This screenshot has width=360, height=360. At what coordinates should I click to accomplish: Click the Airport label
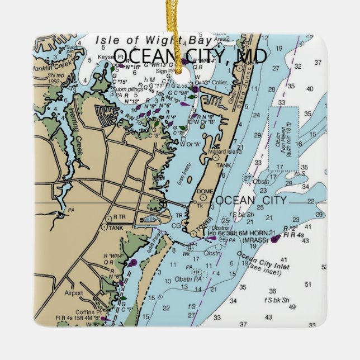click(x=73, y=292)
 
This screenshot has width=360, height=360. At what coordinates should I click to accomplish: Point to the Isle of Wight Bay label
click(x=153, y=40)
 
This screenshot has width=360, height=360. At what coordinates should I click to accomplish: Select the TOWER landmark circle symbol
click(x=193, y=233)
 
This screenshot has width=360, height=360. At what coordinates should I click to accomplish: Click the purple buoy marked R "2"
click(x=275, y=239)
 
